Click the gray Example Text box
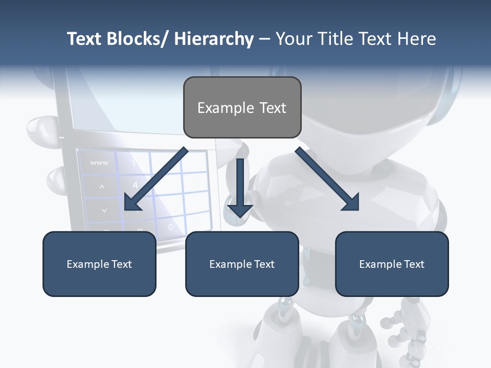242,107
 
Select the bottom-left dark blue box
99,264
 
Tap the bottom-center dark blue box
242,264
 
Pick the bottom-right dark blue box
392,264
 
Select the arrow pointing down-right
327,179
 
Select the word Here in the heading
417,39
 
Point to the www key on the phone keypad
99,163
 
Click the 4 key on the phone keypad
135,185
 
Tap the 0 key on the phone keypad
170,226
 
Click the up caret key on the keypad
101,187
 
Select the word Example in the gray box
225,108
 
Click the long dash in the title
264,39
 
